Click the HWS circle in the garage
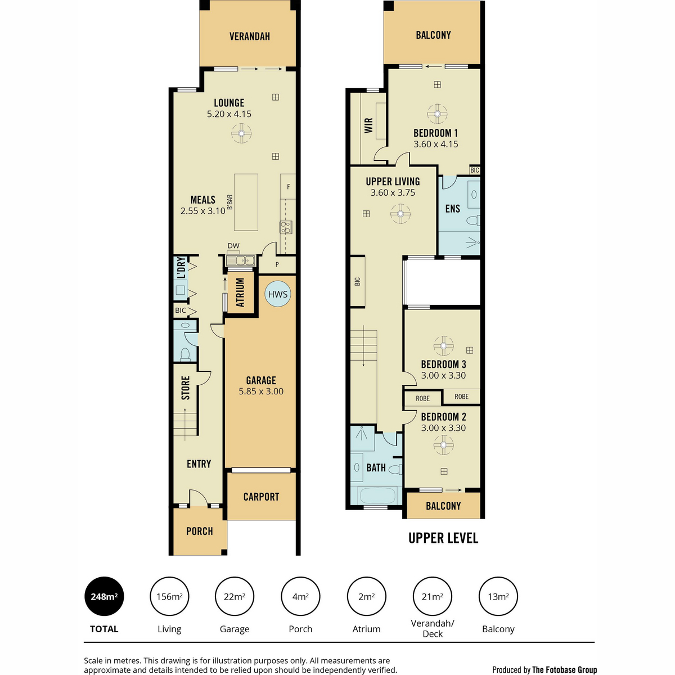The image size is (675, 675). point(277,294)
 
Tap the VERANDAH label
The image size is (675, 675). point(249,37)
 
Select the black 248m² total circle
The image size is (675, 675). point(104,596)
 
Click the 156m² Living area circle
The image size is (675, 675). point(169,596)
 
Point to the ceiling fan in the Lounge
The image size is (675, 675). point(241,133)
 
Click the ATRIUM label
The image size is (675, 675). point(240,292)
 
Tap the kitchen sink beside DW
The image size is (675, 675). point(240,260)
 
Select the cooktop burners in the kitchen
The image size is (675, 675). point(286,227)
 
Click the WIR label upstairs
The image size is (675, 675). point(368,125)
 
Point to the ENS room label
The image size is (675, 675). point(453,209)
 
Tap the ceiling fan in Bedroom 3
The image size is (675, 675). point(443,346)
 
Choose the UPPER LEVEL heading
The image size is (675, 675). point(443,538)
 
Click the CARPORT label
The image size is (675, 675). point(262,497)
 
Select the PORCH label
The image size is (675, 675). point(199,532)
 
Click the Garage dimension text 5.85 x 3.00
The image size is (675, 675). point(261,391)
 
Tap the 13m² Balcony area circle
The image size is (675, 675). point(498,596)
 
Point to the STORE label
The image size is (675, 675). point(185,388)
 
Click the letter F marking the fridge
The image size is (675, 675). point(289,187)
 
